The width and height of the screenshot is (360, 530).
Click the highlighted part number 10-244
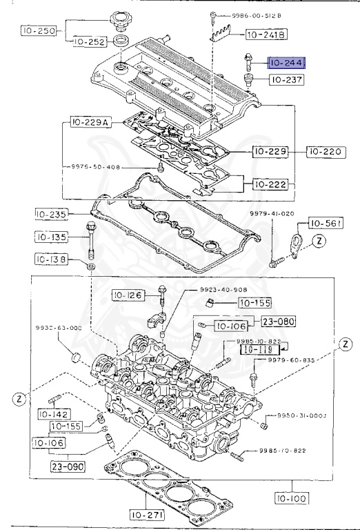point(287,63)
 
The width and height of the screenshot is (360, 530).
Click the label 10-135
point(52,238)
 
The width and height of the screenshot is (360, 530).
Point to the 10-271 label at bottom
point(147,514)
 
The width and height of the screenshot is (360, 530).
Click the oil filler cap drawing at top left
point(124,21)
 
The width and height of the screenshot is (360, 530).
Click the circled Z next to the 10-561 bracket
point(319,241)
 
